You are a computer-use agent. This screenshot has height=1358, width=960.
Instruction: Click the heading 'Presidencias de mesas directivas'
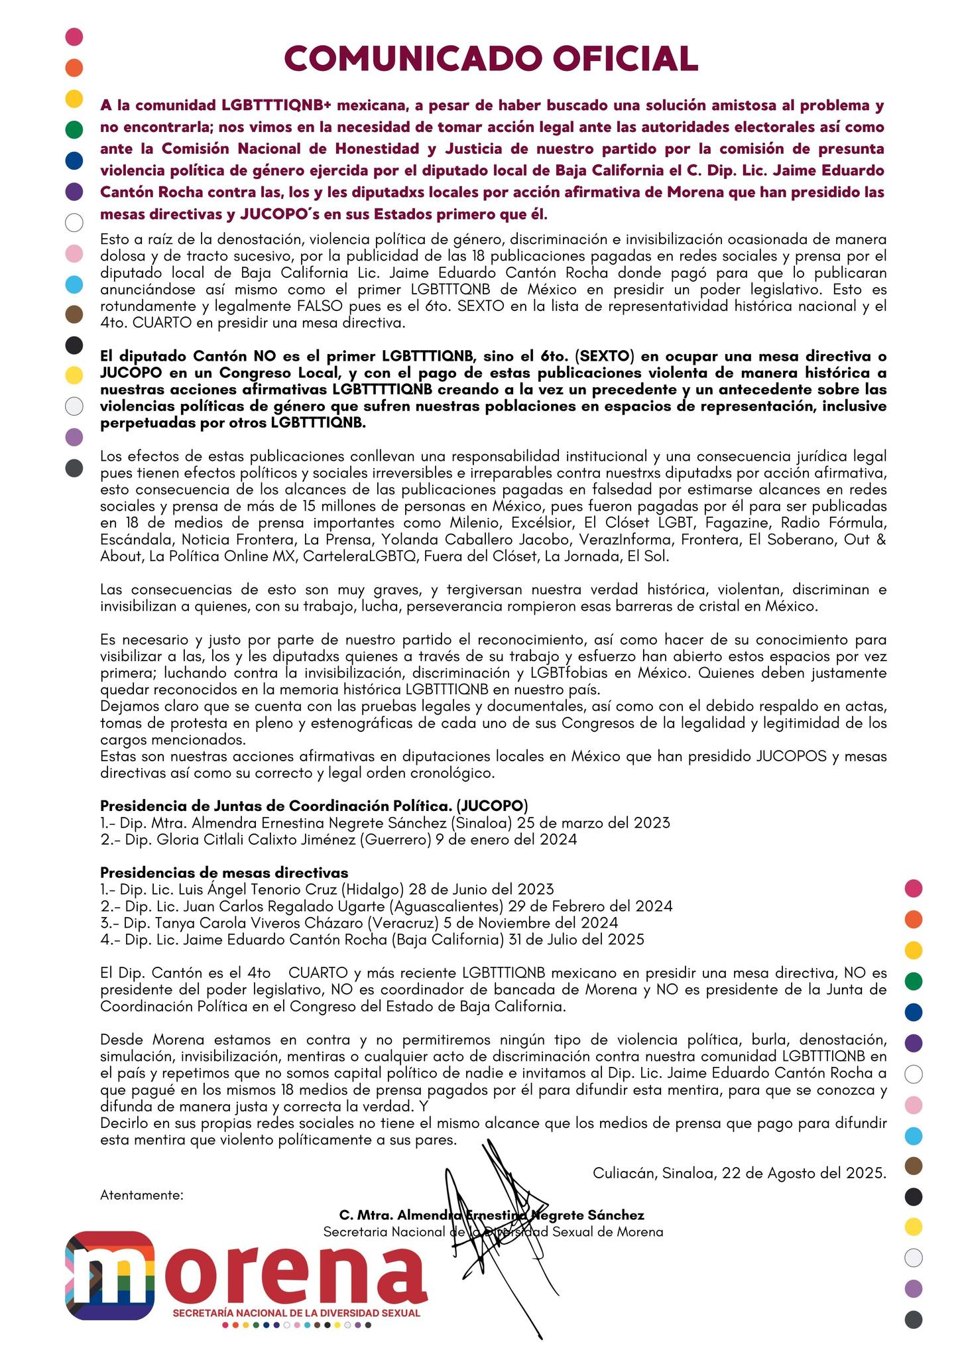[224, 873]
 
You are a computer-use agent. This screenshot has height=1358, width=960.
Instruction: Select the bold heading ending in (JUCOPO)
[314, 806]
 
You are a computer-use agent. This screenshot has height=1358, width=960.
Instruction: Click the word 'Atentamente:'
[142, 1196]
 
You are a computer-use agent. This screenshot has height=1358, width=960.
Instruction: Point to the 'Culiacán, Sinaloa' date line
[739, 1172]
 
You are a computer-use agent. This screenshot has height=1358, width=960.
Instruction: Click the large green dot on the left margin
[74, 129]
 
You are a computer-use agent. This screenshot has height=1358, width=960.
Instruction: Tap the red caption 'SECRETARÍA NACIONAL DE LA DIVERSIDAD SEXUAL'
[296, 1312]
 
